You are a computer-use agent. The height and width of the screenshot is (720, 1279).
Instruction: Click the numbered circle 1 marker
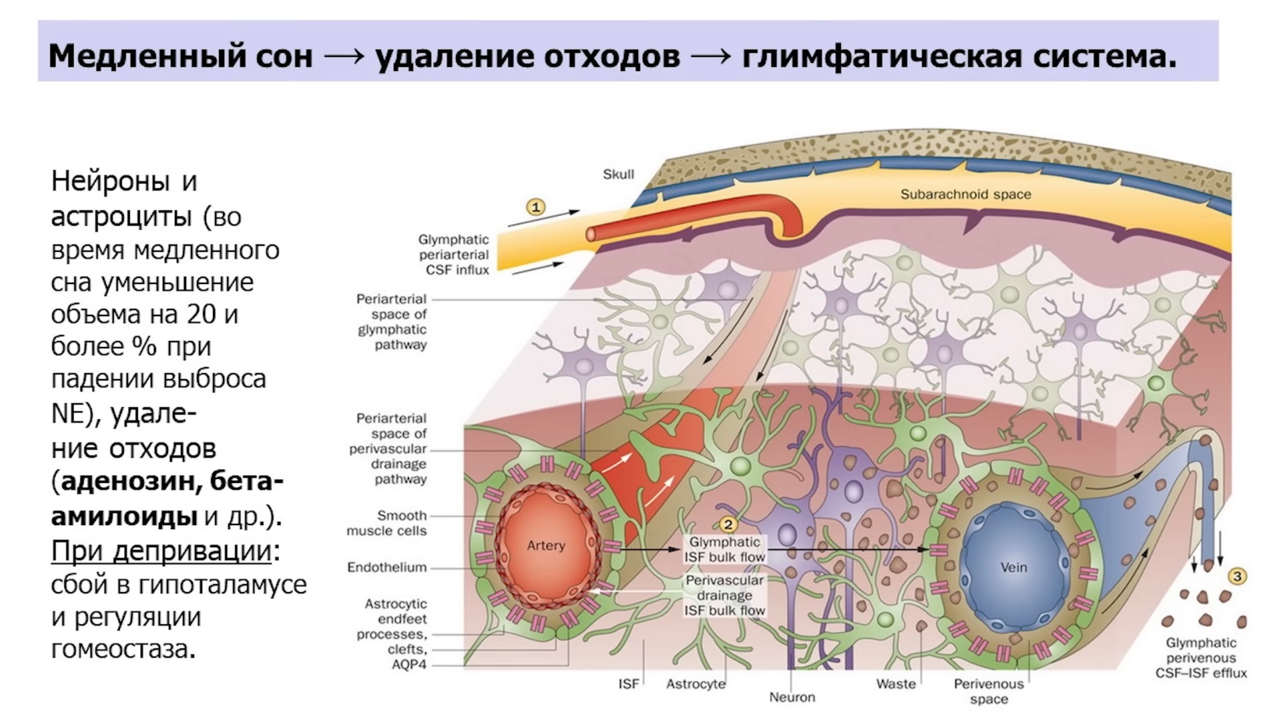536,207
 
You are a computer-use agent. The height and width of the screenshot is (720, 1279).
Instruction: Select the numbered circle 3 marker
1237,576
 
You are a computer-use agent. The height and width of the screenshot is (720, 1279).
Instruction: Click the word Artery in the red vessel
546,545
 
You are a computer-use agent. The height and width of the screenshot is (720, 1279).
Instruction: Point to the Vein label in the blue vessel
1014,567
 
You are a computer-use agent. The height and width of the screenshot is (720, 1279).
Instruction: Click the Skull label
618,175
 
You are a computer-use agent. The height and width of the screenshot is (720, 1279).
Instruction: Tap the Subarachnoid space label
966,194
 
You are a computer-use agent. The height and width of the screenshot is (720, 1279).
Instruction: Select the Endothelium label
387,567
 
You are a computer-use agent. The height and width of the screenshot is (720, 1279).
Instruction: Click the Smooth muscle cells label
387,523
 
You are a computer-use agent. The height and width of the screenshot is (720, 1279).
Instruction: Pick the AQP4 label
409,665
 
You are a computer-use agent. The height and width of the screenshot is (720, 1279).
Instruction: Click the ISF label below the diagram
629,684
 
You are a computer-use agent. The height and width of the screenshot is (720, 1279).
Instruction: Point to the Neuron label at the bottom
792,697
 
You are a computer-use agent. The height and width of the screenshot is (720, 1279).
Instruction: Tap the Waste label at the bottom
896,684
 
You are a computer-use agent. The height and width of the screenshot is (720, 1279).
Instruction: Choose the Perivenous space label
989,692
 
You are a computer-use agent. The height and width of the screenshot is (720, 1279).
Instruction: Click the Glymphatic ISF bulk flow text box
725,549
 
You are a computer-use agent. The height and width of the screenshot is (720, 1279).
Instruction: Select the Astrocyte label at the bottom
696,685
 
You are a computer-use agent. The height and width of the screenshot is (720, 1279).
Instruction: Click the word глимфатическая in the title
881,56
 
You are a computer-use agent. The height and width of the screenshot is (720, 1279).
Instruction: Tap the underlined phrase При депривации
162,551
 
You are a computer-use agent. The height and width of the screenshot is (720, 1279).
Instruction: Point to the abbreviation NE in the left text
66,413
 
